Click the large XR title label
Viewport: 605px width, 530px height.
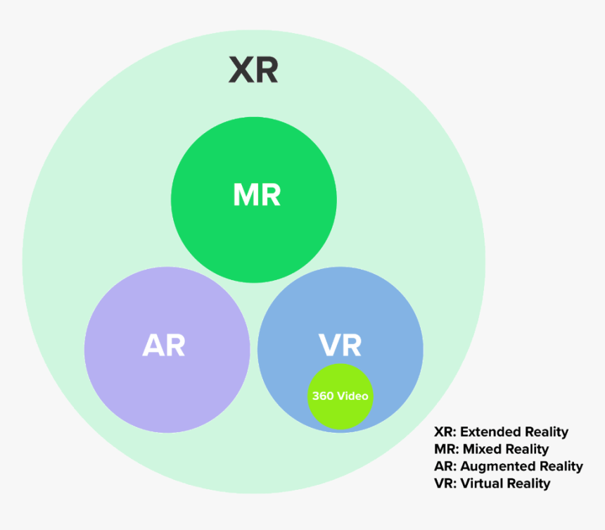(x=253, y=70)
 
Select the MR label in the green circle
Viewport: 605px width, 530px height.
(x=257, y=195)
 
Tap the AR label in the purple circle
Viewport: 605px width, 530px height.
(x=164, y=345)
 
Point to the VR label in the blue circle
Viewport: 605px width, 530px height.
(x=340, y=345)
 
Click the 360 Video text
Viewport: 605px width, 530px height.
(x=340, y=396)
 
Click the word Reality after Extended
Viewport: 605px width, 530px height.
(x=543, y=432)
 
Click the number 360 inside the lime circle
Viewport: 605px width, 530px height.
(x=323, y=396)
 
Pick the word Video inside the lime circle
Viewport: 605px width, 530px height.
(x=352, y=396)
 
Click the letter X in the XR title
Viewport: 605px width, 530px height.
(x=241, y=70)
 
